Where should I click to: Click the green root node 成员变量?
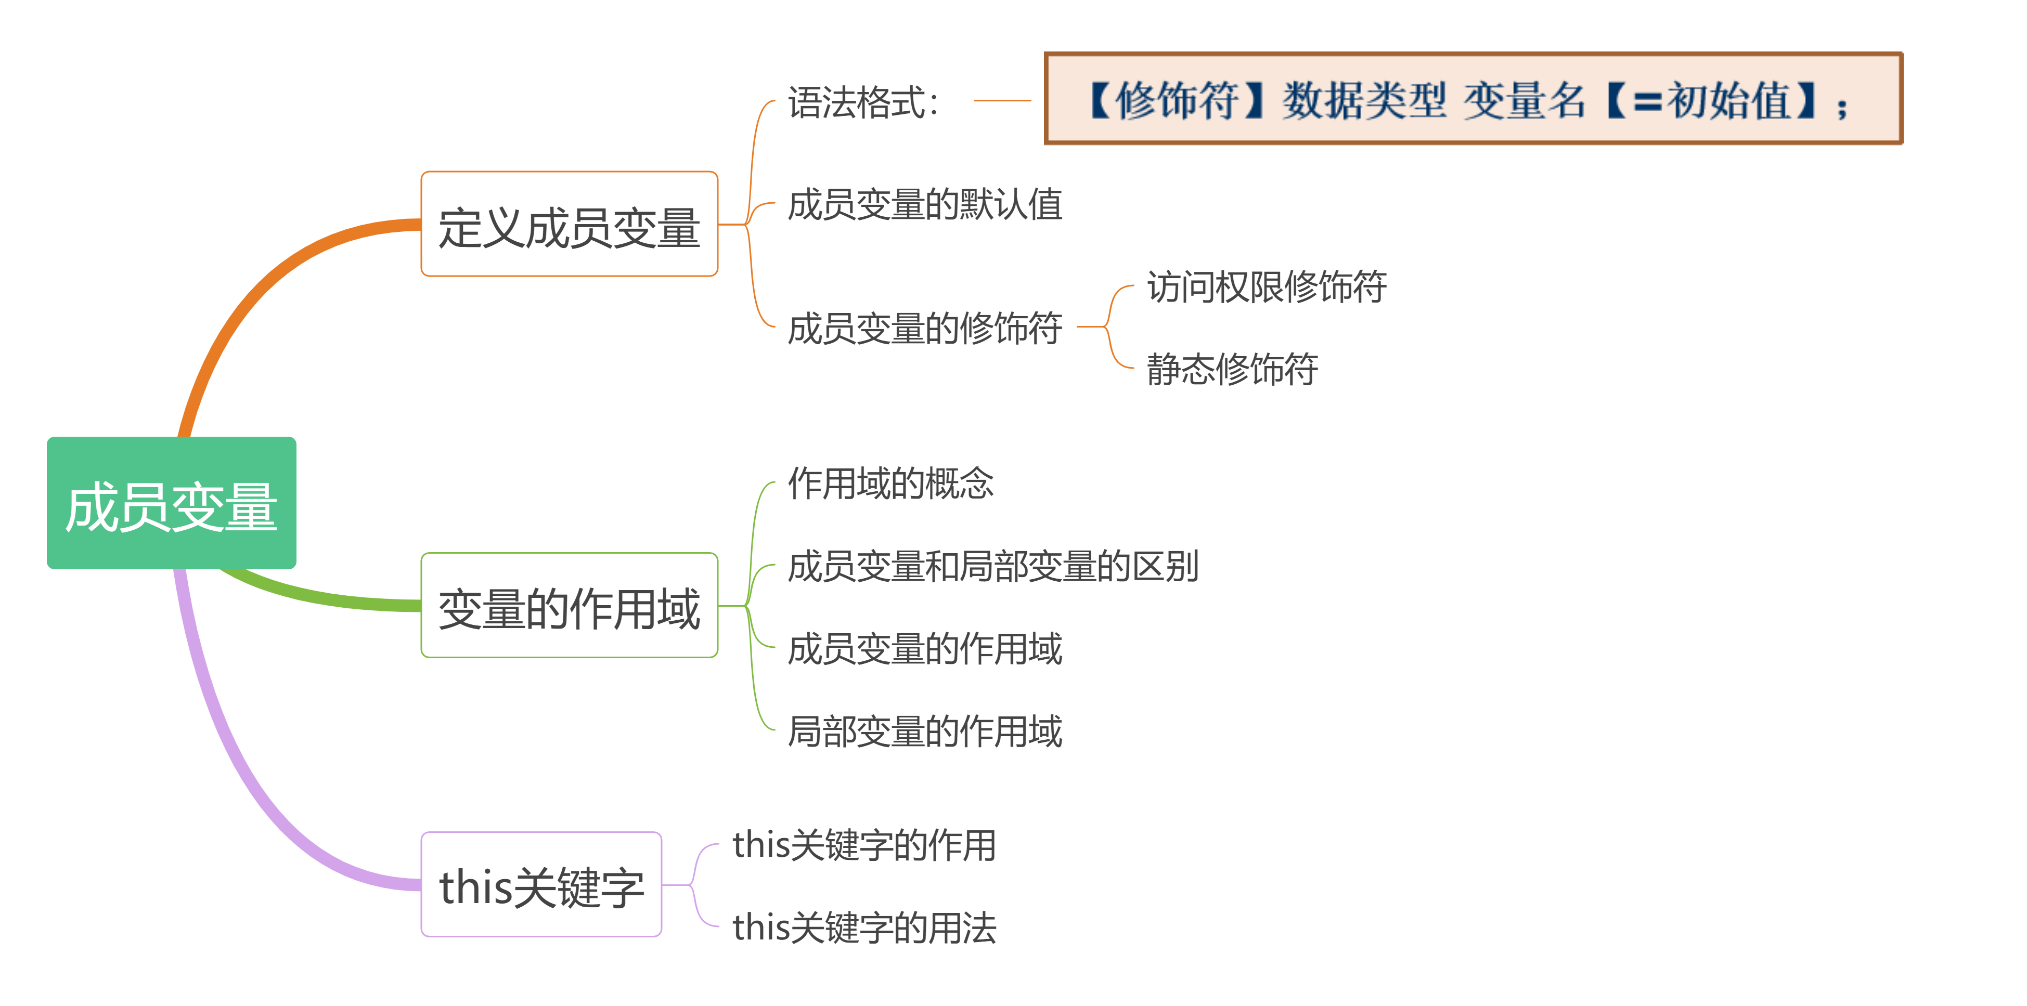[x=172, y=503]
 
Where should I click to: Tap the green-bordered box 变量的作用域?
[x=569, y=606]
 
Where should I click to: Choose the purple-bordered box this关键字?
[x=541, y=885]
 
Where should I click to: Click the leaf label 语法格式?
[x=863, y=102]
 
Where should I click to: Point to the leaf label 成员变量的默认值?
[x=925, y=204]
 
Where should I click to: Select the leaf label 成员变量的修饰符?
[x=925, y=328]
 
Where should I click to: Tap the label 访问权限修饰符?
[x=1266, y=286]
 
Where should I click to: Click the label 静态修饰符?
[x=1232, y=369]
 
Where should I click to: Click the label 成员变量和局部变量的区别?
[x=993, y=566]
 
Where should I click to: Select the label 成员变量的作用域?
[x=925, y=649]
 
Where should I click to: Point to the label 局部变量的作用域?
[x=925, y=731]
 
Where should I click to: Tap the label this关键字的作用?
[x=864, y=845]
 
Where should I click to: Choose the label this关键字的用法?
[x=864, y=928]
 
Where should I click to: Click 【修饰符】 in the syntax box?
[x=1177, y=101]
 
